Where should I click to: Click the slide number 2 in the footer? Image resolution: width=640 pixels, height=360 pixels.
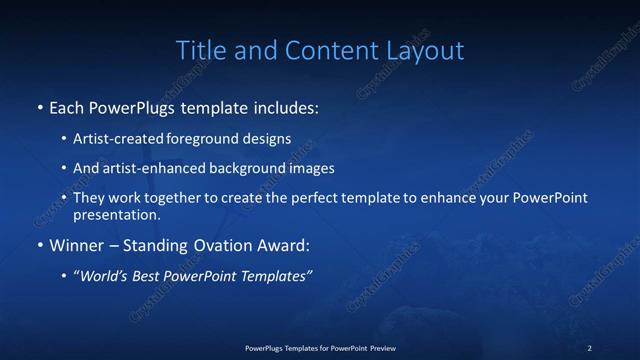click(x=589, y=347)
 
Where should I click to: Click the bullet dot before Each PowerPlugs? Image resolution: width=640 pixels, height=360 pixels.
click(x=39, y=107)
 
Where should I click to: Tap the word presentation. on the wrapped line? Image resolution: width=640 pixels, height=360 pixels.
click(x=116, y=215)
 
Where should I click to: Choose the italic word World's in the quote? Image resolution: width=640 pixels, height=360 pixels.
click(x=104, y=277)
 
